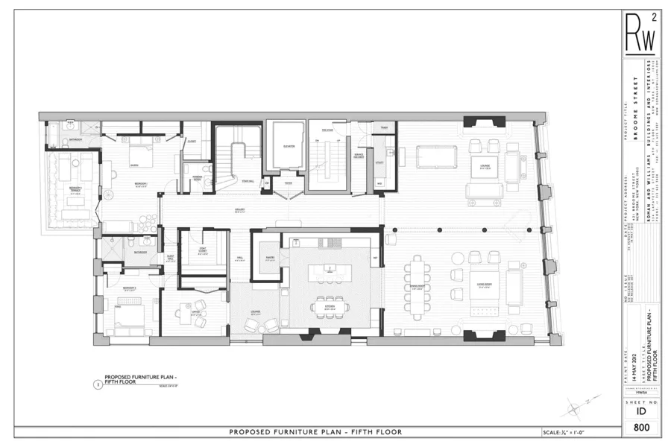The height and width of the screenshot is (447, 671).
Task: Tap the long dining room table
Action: pyautogui.click(x=415, y=286)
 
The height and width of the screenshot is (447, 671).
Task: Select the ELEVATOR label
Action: pyautogui.click(x=289, y=146)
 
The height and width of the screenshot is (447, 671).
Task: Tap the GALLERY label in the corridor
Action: pyautogui.click(x=241, y=211)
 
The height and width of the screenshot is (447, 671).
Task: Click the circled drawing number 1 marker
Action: pyautogui.click(x=98, y=384)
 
